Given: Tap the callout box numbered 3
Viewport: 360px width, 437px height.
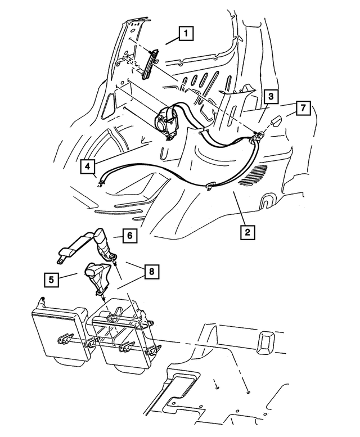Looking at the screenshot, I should tap(271, 97).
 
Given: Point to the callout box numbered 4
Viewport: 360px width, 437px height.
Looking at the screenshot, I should tap(87, 166).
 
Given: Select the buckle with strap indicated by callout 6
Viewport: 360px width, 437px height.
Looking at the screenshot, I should tap(84, 243).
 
